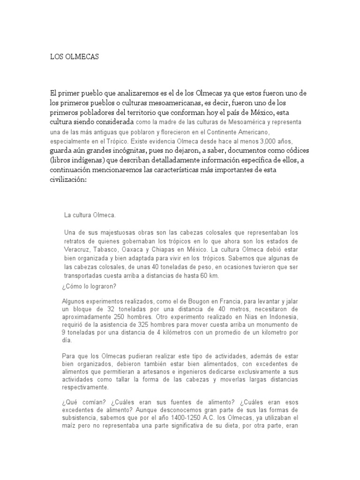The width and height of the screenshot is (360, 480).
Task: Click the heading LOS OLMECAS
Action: coord(75,57)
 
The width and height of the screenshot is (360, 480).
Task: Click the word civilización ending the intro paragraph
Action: coord(69,179)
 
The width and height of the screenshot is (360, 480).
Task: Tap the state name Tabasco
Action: coord(112,249)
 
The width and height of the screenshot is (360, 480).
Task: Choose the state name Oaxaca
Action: coord(146,249)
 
